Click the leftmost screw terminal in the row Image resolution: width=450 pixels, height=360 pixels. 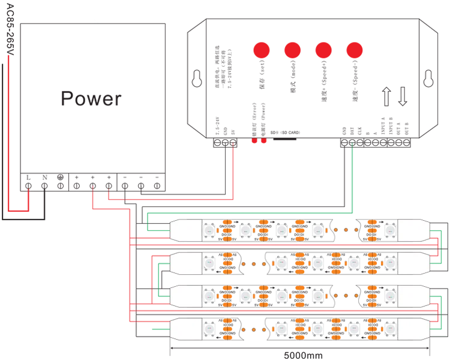tap(28, 186)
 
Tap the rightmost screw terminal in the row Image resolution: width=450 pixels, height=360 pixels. tap(157, 186)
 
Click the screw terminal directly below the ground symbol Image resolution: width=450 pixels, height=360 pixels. tap(60, 186)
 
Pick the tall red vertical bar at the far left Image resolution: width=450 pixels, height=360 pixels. tap(12, 132)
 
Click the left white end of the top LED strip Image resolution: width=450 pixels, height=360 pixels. tap(185, 229)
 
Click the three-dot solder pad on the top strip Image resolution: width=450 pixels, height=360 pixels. tap(344, 229)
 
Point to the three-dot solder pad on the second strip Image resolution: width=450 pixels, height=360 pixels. tap(254, 263)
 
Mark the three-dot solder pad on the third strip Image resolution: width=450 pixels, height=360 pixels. tap(344, 296)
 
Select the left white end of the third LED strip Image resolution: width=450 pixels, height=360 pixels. tap(185, 296)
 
